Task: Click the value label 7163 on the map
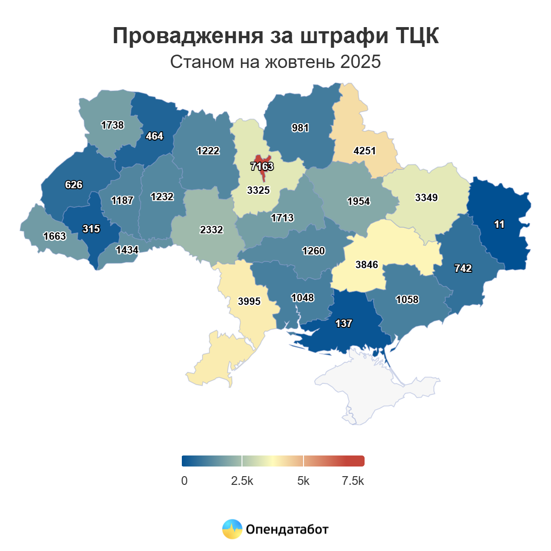(262, 166)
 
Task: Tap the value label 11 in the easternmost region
(499, 224)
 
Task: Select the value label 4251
(365, 151)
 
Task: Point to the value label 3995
(249, 301)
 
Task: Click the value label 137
(343, 323)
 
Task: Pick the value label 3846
(366, 264)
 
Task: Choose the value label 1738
(112, 125)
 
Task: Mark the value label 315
(91, 229)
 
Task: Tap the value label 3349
(426, 197)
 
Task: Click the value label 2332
(211, 230)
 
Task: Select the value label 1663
(55, 236)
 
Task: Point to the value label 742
(463, 268)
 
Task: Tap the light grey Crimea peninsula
(377, 386)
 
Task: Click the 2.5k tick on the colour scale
(242, 481)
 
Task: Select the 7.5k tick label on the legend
(353, 481)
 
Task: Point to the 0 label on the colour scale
(184, 481)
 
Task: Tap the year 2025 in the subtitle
(360, 62)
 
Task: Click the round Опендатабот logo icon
(232, 529)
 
